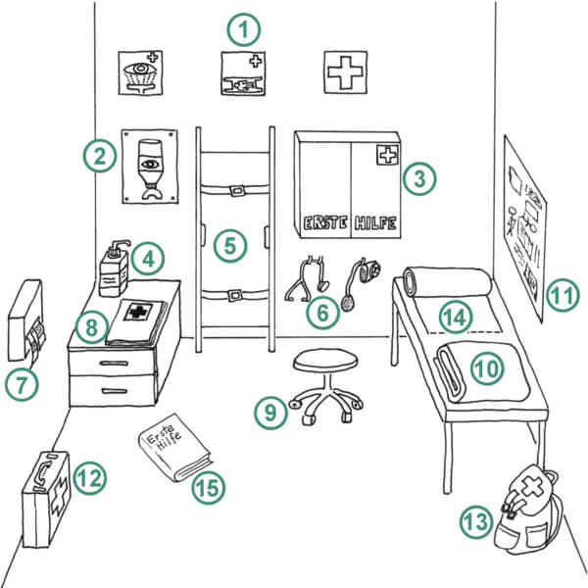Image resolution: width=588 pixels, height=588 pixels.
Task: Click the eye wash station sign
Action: pos(140,73)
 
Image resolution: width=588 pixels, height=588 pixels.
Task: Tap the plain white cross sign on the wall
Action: pos(345,73)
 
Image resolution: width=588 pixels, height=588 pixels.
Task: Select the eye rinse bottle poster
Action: pos(150,167)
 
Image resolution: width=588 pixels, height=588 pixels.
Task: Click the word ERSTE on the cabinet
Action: pos(324,223)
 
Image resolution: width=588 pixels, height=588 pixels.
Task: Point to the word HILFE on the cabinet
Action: pos(375,223)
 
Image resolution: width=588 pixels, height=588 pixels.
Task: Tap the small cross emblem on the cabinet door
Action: pos(387,155)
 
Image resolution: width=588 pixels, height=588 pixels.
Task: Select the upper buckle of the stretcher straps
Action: pos(237,191)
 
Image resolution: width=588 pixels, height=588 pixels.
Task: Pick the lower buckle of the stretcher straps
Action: pos(235,296)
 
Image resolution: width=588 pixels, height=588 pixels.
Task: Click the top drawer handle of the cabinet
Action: pos(115,363)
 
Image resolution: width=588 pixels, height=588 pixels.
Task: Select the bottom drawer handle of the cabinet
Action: pos(115,391)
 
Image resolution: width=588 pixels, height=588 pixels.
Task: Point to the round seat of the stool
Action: pos(325,360)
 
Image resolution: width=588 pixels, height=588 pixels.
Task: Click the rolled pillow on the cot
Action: pos(448,281)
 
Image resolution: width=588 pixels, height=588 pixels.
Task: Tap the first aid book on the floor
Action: pos(174,448)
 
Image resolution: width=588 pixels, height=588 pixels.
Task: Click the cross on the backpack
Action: pos(532,486)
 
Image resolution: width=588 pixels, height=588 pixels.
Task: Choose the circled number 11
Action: pos(563,295)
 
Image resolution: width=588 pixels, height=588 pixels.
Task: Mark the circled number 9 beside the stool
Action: pos(270,413)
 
